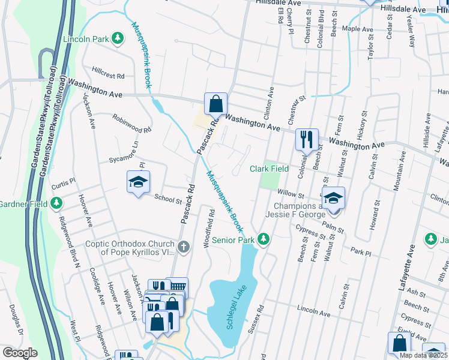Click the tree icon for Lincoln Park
point(118,39)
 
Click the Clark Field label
point(269,169)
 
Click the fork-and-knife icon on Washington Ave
point(307,140)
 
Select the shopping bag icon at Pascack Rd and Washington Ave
point(215,104)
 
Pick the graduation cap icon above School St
point(138,182)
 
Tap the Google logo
point(20,353)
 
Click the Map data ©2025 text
point(423,355)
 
